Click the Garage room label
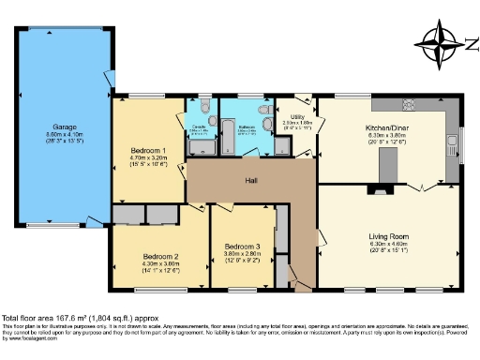point(64,126)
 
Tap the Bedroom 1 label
point(148,151)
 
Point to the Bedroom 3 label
point(242,247)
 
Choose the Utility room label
point(298,117)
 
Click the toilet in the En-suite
point(204,105)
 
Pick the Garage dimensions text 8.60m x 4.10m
point(64,134)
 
